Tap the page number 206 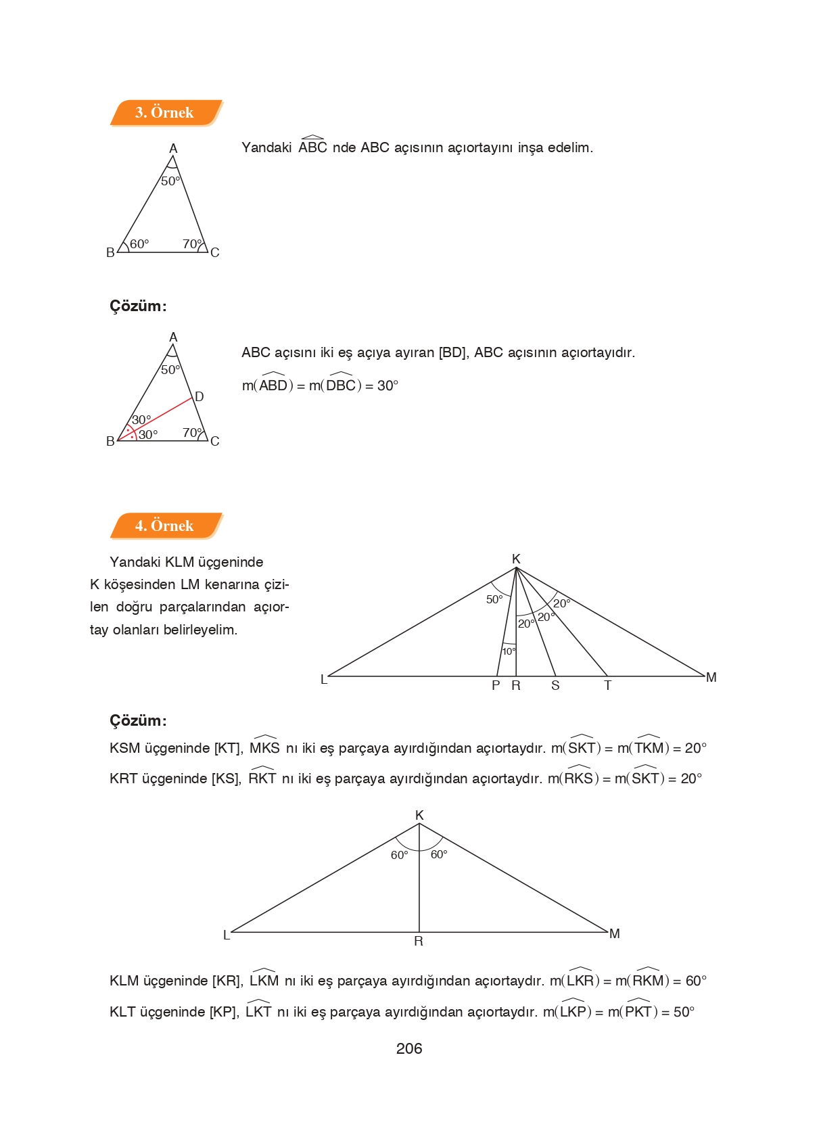click(x=408, y=1049)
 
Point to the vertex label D click(x=200, y=397)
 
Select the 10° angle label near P click(x=509, y=651)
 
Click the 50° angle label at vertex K click(x=494, y=600)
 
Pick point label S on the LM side click(x=555, y=686)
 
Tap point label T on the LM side click(x=607, y=686)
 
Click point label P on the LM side click(x=496, y=686)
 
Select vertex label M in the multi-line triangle click(x=711, y=677)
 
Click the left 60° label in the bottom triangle click(x=400, y=856)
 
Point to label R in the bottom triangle click(x=419, y=942)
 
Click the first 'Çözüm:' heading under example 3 click(x=138, y=306)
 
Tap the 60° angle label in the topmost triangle click(x=139, y=244)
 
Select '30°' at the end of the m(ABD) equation click(x=388, y=386)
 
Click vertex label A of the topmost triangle click(x=173, y=148)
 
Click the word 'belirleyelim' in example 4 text click(x=201, y=630)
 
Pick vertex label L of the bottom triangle click(x=227, y=935)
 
